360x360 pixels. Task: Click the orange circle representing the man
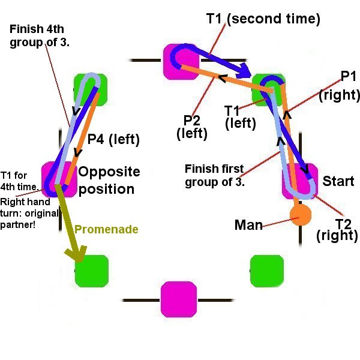(301, 213)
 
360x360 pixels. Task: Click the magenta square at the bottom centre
(179, 299)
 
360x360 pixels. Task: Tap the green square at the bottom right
(266, 271)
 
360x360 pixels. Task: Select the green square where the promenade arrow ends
(91, 271)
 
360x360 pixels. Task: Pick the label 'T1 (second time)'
(263, 19)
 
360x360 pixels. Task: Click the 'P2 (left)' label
(193, 127)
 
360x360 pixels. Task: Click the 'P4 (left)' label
(113, 140)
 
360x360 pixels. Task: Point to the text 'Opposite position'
(110, 180)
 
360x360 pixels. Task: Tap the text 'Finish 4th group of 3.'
(40, 35)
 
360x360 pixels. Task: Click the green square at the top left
(90, 91)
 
